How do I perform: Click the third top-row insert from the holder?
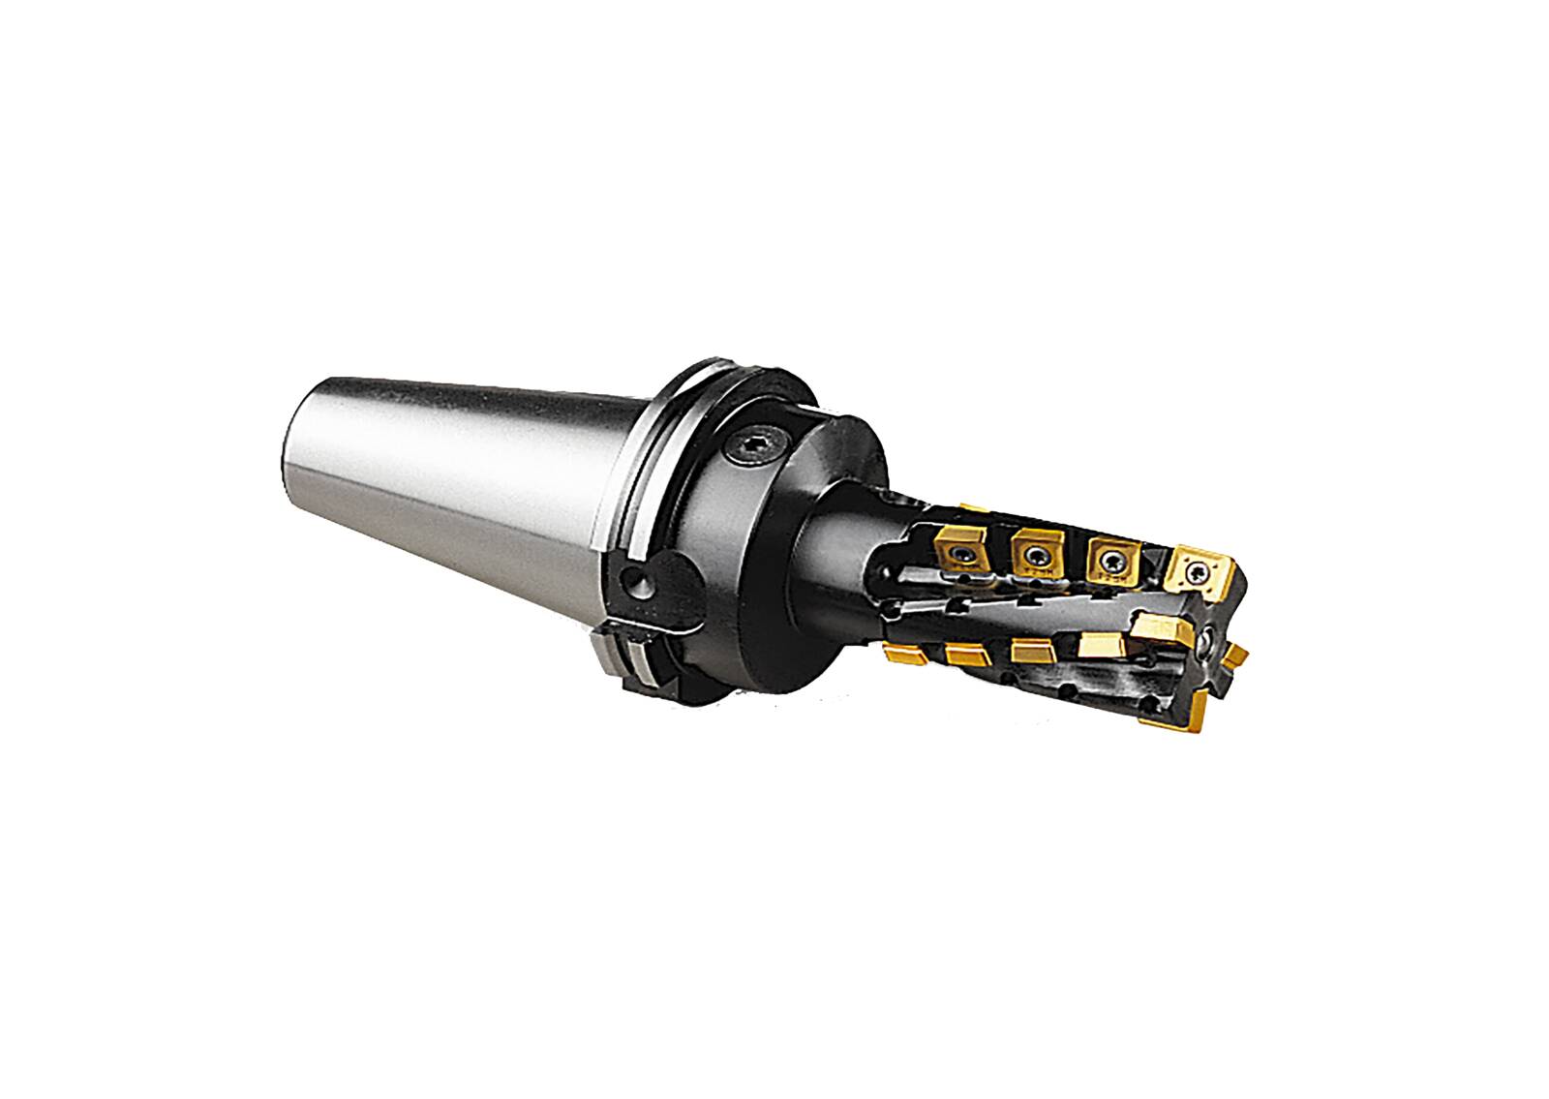(x=1109, y=561)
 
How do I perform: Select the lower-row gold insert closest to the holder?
(x=902, y=655)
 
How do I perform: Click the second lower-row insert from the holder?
(x=969, y=656)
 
